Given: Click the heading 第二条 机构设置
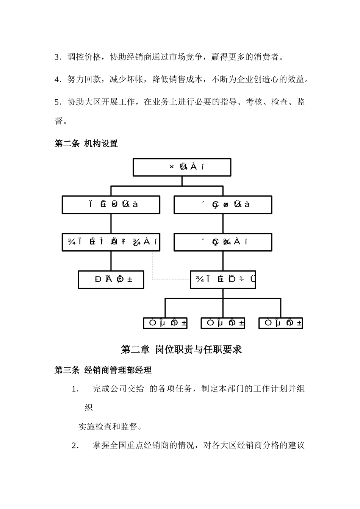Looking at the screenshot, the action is [86, 144].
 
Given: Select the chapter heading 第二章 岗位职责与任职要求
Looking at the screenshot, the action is [181, 349].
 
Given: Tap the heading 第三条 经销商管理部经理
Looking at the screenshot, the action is [103, 370].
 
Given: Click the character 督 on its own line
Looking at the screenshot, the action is [59, 121].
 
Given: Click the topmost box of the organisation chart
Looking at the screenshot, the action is [182, 167].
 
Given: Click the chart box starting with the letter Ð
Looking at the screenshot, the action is [111, 279].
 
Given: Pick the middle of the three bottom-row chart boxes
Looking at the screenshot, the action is [223, 323].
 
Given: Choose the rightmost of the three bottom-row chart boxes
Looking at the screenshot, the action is [280, 323].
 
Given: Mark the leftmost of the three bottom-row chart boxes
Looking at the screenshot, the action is [165, 323].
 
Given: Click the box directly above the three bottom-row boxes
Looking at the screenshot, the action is [223, 279].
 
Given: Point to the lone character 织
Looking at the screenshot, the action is [89, 408].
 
